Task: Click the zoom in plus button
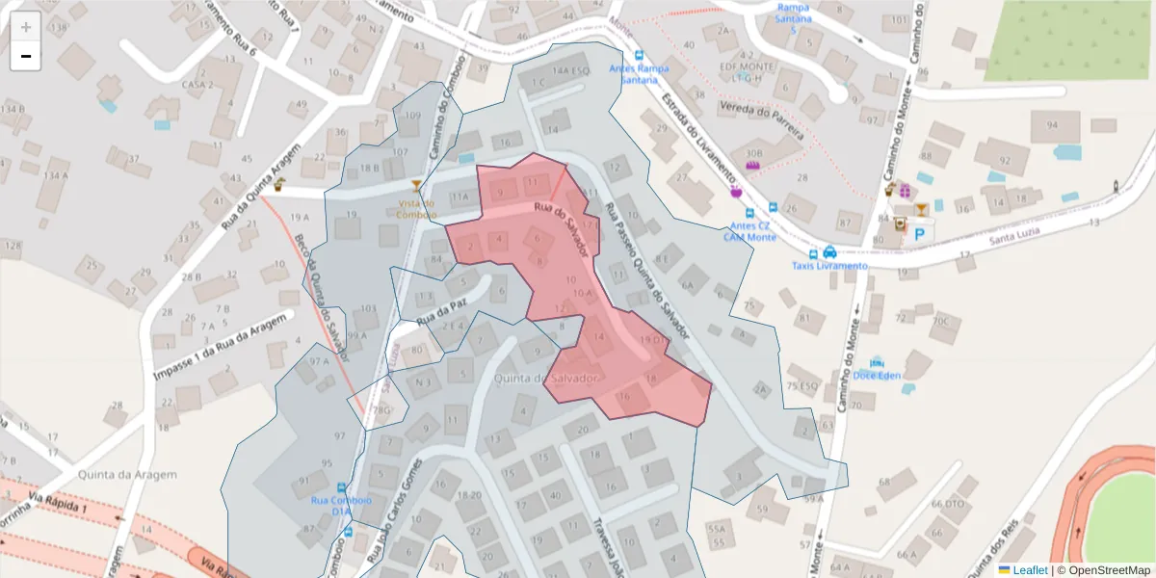click(26, 27)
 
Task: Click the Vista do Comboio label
click(416, 208)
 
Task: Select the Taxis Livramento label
click(829, 266)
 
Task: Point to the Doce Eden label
click(877, 376)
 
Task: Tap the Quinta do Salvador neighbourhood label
click(547, 379)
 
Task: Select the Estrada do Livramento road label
click(699, 136)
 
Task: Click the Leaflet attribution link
click(1029, 570)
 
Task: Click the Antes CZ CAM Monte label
click(749, 231)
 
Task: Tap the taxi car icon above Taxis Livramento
click(829, 251)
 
